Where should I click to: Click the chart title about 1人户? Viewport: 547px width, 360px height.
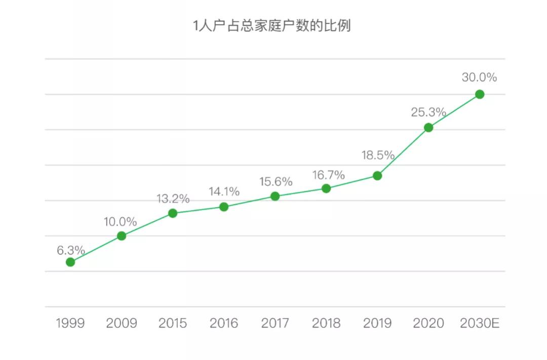pyautogui.click(x=272, y=25)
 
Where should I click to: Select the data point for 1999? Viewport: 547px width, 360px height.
pyautogui.click(x=70, y=262)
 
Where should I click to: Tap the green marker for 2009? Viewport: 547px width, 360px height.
pyautogui.click(x=122, y=235)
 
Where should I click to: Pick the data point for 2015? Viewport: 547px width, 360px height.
pyautogui.click(x=173, y=213)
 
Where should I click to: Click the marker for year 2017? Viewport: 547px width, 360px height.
pyautogui.click(x=275, y=196)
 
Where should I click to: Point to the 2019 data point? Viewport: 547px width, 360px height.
pyautogui.click(x=377, y=176)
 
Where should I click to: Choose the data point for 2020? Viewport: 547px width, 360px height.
pyautogui.click(x=428, y=128)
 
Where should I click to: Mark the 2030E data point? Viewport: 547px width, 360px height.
pyautogui.click(x=480, y=94)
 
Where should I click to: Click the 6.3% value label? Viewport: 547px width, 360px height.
pyautogui.click(x=70, y=250)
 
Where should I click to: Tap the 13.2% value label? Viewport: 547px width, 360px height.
pyautogui.click(x=173, y=199)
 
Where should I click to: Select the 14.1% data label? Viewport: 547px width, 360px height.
pyautogui.click(x=224, y=192)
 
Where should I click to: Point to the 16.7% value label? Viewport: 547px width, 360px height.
pyautogui.click(x=326, y=175)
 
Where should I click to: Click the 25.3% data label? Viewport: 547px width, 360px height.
pyautogui.click(x=428, y=112)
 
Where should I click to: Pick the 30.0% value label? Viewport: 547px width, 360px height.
pyautogui.click(x=479, y=77)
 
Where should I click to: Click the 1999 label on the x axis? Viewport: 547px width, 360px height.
pyautogui.click(x=70, y=323)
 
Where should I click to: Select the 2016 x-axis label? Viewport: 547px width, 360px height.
pyautogui.click(x=224, y=323)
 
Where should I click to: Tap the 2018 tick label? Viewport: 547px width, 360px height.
pyautogui.click(x=326, y=323)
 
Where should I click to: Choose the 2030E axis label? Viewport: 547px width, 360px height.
pyautogui.click(x=480, y=323)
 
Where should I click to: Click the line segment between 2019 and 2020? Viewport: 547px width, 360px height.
pyautogui.click(x=403, y=151)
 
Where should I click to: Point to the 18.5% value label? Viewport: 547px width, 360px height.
pyautogui.click(x=378, y=155)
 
